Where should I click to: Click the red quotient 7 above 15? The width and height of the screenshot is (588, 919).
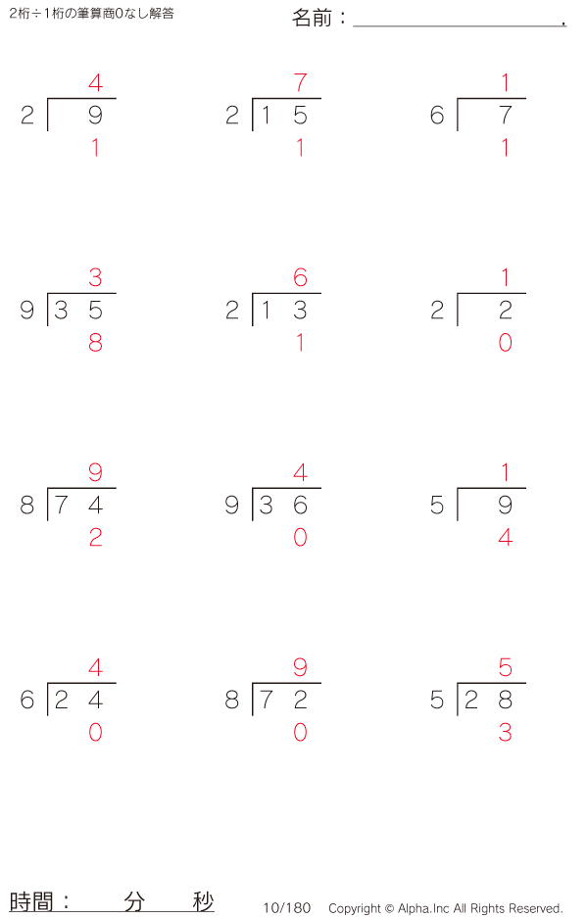pos(300,82)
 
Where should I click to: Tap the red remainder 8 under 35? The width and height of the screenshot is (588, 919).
pos(96,342)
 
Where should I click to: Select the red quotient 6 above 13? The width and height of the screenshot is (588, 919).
pos(300,277)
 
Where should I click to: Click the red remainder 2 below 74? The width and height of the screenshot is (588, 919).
pos(96,538)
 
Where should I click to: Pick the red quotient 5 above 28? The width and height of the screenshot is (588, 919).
pos(506,667)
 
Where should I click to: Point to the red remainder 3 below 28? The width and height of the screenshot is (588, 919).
pos(506,732)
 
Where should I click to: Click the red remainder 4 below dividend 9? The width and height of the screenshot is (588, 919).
pos(506,538)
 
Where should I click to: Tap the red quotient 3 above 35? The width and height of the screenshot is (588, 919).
pos(96,277)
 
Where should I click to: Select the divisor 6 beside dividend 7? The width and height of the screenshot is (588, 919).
pos(437,115)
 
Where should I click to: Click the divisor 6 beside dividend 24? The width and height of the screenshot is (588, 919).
pos(27,700)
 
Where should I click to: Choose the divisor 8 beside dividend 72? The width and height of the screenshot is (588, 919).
pos(231,700)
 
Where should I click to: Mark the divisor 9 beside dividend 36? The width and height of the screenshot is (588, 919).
pos(231,506)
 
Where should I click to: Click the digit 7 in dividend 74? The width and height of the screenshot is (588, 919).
pos(61,506)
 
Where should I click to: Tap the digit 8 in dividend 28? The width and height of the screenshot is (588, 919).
pos(506,700)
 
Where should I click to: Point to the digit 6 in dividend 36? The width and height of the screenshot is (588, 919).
pos(300,506)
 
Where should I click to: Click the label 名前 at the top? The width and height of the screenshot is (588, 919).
pos(312,19)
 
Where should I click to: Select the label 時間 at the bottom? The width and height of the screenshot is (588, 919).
pos(31,901)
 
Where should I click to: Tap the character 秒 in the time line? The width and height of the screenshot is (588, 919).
pos(203,901)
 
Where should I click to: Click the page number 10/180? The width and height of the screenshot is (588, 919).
pos(287,908)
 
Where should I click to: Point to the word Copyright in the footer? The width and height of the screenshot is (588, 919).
pos(355,908)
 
